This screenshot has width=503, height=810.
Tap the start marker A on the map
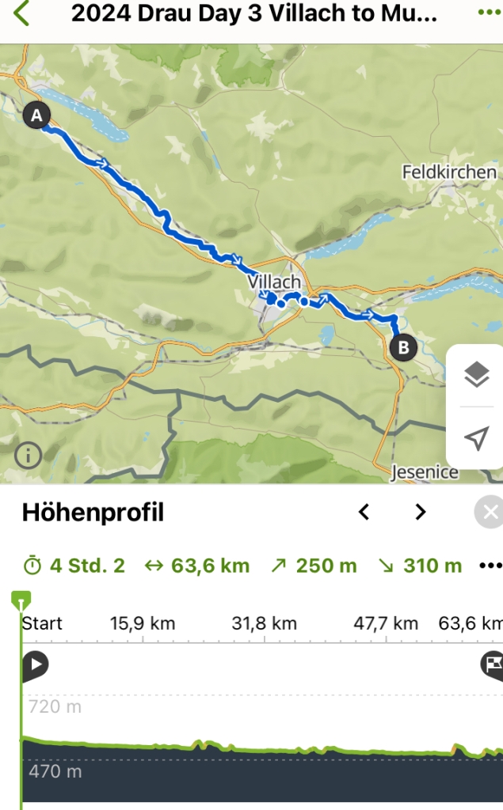click(36, 116)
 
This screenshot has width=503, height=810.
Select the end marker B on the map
click(403, 346)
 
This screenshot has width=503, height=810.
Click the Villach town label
click(274, 282)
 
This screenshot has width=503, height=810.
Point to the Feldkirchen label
click(449, 172)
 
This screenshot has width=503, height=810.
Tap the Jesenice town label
click(425, 472)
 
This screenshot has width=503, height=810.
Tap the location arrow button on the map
click(475, 438)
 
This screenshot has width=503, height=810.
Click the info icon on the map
click(29, 456)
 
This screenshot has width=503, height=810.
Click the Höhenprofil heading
click(93, 513)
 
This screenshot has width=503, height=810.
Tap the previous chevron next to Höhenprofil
click(364, 513)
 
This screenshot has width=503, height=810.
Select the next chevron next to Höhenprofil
click(421, 513)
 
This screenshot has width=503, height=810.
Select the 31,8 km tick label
click(265, 623)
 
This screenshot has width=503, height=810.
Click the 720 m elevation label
click(55, 706)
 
